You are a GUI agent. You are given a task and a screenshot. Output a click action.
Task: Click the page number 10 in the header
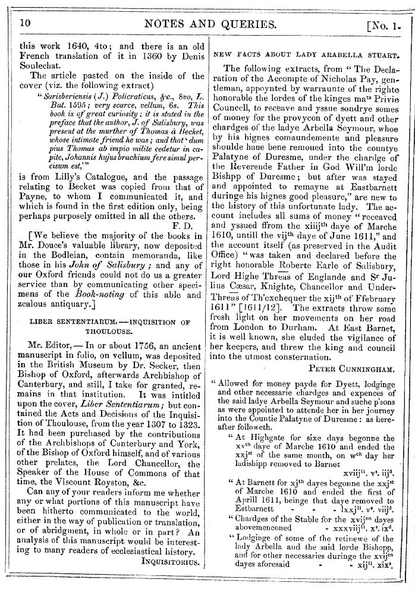25,23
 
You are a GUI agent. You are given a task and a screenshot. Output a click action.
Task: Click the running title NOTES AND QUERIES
208,24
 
